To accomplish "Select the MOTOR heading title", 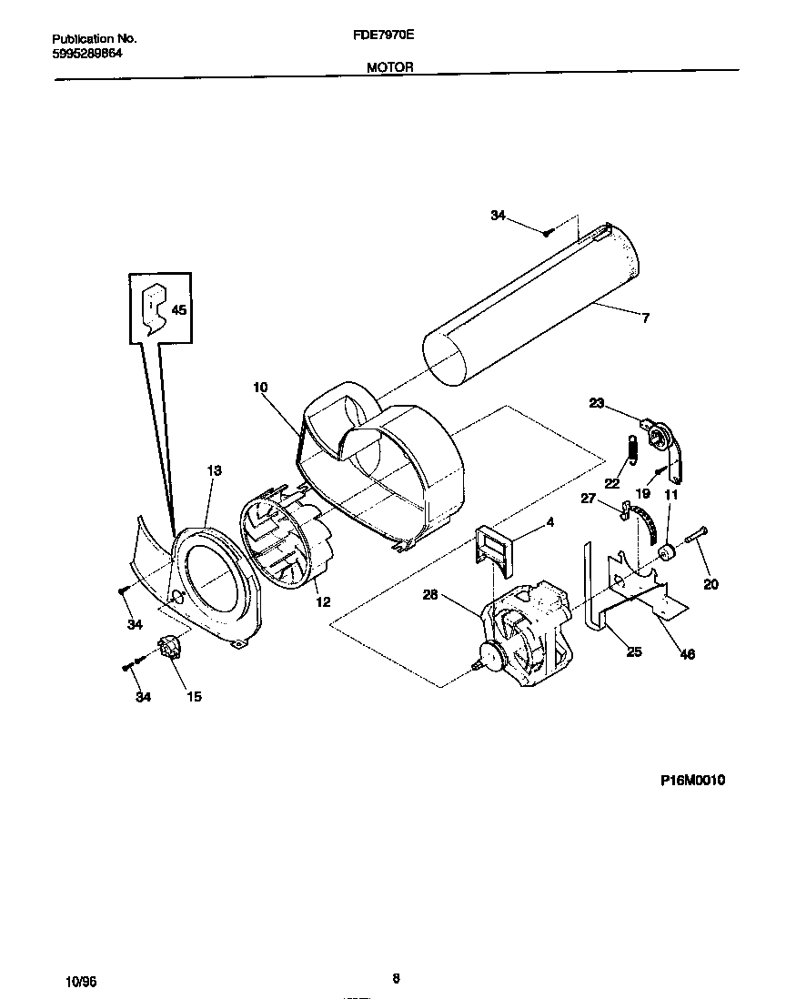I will pyautogui.click(x=390, y=66).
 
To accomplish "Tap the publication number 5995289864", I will pyautogui.click(x=87, y=54).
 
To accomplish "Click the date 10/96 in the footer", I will pyautogui.click(x=81, y=981).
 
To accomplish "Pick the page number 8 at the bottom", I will pyautogui.click(x=396, y=979).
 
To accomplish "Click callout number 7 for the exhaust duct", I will pyautogui.click(x=645, y=318).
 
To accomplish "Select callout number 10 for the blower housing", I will pyautogui.click(x=260, y=387).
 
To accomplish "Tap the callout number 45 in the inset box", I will pyautogui.click(x=178, y=309).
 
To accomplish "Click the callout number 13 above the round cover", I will pyautogui.click(x=214, y=470).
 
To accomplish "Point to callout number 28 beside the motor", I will pyautogui.click(x=430, y=596).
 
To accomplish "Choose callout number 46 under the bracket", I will pyautogui.click(x=688, y=654).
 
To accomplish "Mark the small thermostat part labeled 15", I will pyautogui.click(x=168, y=651).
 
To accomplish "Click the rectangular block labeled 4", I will pyautogui.click(x=494, y=550).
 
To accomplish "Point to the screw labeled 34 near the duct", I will pyautogui.click(x=548, y=233).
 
